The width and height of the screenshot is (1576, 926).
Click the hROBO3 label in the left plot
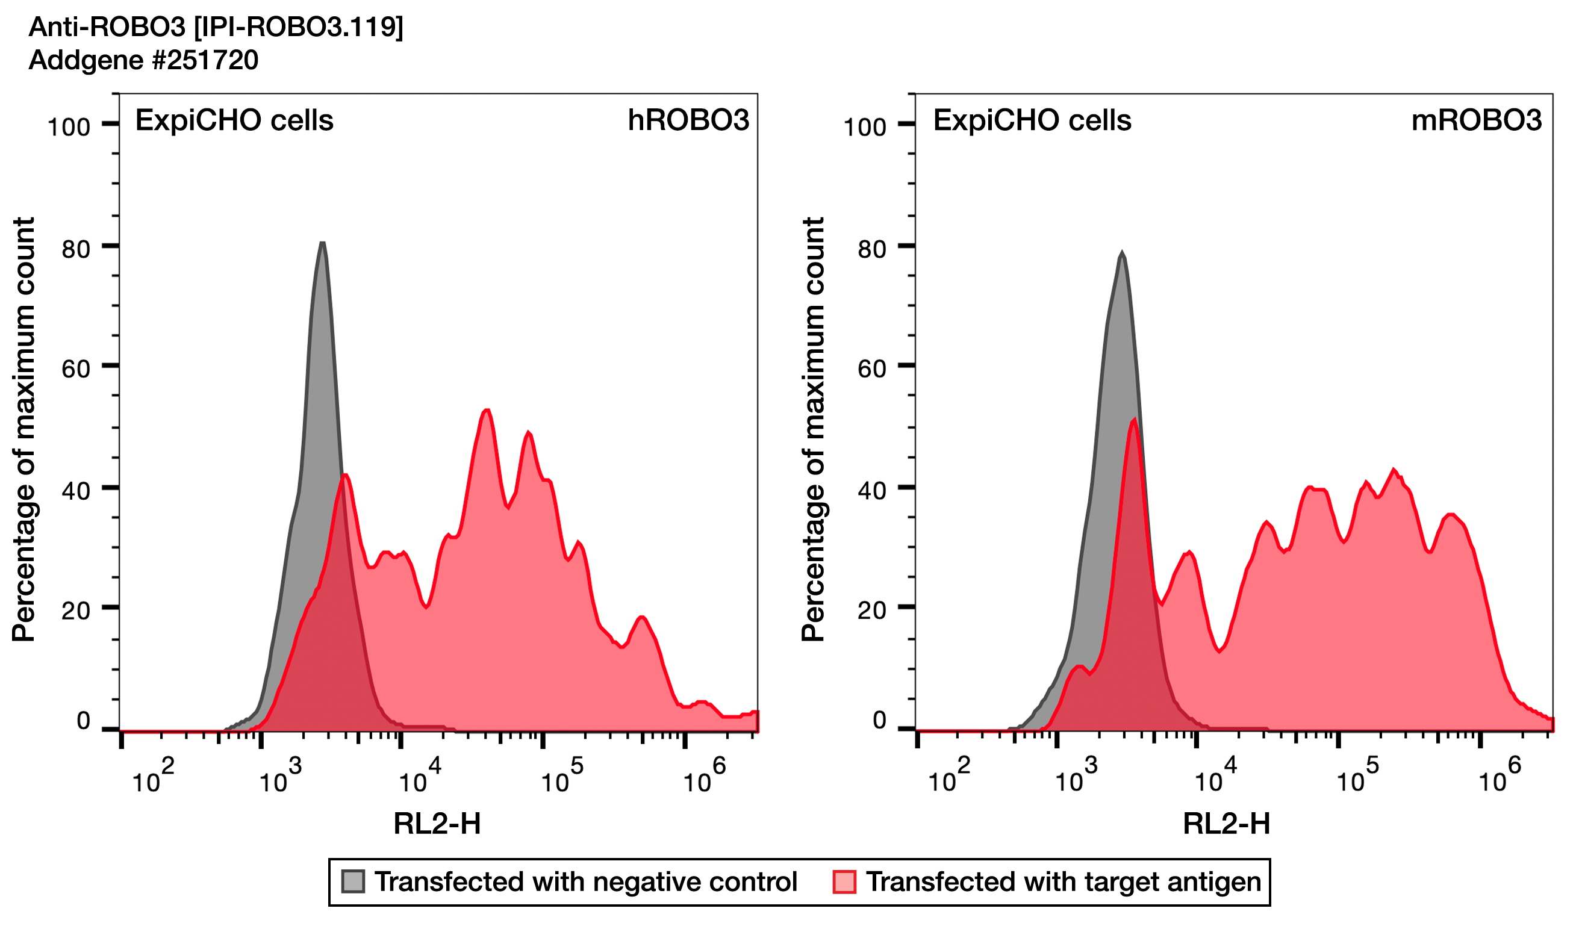pos(688,120)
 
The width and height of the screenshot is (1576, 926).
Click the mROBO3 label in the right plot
pos(1477,120)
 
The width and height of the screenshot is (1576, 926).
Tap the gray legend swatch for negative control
pos(353,881)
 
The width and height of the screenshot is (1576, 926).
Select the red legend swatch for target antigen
pos(844,881)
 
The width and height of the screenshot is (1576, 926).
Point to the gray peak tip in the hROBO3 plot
pos(322,243)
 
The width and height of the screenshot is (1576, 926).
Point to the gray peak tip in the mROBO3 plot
pos(1122,253)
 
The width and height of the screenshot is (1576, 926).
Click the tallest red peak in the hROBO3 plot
pos(487,411)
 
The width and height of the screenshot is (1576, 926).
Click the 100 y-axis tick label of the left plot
pos(69,127)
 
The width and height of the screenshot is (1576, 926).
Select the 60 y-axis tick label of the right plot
pos(872,369)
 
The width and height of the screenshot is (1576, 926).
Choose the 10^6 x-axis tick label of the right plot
pos(1500,777)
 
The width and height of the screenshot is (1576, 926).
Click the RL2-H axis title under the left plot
pos(437,824)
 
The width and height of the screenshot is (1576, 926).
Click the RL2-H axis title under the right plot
pos(1226,824)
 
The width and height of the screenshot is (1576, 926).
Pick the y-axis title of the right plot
pos(813,429)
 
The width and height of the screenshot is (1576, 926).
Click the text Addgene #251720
pos(143,60)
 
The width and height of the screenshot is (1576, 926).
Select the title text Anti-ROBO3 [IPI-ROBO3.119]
pos(216,27)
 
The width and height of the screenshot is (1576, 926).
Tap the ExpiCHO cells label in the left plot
pos(234,120)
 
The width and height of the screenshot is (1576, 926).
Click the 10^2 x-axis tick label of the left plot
pos(153,777)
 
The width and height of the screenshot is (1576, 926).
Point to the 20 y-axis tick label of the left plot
pos(76,611)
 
